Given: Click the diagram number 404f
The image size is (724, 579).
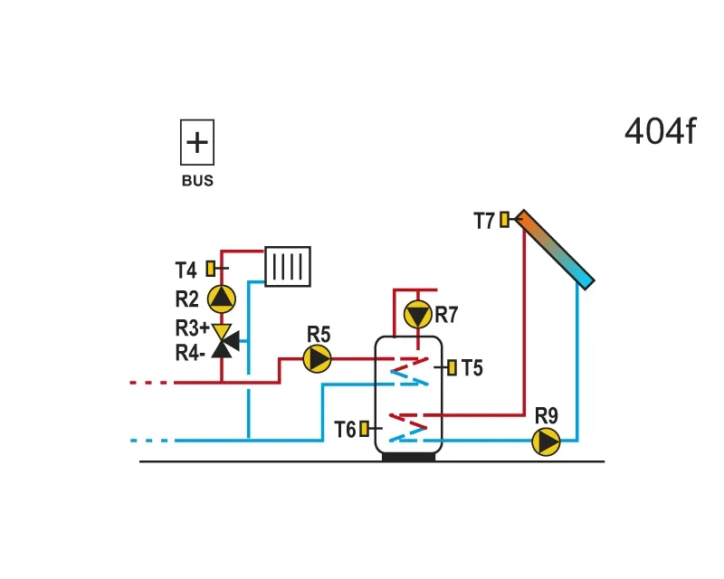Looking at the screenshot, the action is (660, 131).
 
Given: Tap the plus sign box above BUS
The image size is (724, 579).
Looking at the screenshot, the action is (197, 142).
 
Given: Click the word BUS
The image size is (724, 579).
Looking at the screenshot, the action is (197, 181).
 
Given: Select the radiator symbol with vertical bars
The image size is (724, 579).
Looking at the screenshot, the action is (288, 266).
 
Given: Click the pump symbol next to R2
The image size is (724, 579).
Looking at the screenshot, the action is (222, 299).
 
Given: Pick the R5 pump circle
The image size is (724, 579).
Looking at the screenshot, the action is (318, 359).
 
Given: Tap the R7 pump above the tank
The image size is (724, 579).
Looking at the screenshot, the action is (418, 315).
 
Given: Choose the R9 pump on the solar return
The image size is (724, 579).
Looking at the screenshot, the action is (547, 441).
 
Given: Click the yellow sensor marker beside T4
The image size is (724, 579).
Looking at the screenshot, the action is (211, 269).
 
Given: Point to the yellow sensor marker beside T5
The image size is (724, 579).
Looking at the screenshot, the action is (452, 367).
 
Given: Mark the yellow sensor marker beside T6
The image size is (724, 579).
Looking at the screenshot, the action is (365, 429).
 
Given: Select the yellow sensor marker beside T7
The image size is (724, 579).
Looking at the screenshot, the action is (505, 219).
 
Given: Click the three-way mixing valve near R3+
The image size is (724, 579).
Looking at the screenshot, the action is (224, 341).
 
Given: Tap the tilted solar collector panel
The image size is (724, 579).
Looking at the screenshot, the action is (554, 250).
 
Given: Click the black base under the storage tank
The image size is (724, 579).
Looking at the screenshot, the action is (409, 457).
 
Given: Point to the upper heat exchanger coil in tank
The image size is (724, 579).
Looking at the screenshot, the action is (409, 371).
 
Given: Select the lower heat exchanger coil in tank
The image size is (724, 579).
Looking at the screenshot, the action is (408, 428).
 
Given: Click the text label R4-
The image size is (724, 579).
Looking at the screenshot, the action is (190, 353).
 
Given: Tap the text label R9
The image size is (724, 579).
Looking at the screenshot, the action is (547, 415).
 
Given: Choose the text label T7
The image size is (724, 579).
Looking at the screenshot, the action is (484, 221).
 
